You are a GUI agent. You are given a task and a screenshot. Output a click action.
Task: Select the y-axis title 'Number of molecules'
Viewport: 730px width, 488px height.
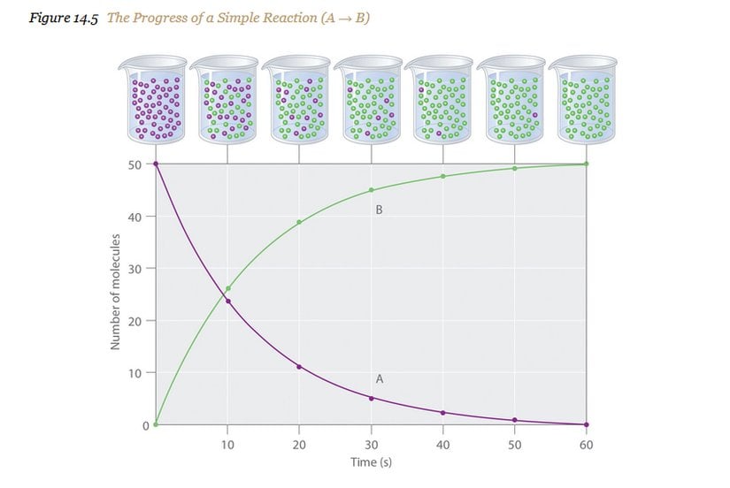coord(115,293)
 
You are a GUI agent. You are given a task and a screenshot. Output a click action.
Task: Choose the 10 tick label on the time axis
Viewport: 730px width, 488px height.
coord(227,444)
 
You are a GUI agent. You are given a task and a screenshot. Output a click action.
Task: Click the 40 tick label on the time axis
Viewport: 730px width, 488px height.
coord(442,444)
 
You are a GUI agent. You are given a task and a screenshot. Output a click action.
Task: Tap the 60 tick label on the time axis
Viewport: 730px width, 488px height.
coord(586,444)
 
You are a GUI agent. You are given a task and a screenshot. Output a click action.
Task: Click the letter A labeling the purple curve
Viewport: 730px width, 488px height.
coord(379,378)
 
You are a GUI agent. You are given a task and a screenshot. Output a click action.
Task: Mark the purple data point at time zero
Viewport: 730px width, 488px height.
coord(156,164)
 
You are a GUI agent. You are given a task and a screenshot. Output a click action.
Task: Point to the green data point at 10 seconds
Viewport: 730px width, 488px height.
coord(228,288)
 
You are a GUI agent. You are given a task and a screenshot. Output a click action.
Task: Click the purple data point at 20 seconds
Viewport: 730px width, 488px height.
coord(300,366)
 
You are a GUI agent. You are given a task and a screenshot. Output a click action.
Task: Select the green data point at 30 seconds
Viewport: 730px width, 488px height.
coord(372,190)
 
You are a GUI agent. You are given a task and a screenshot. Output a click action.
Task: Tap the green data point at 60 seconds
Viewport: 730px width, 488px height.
coord(587,164)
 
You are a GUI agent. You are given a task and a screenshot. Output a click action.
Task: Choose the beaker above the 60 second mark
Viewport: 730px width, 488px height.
coord(586,99)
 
